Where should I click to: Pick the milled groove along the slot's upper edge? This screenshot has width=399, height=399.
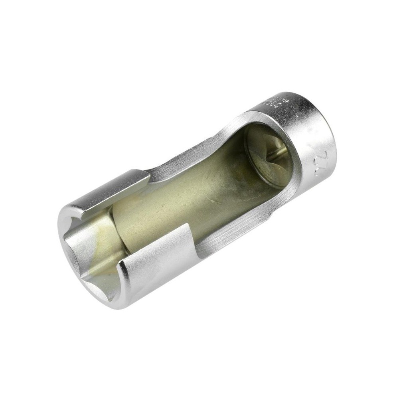click(x=192, y=158)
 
